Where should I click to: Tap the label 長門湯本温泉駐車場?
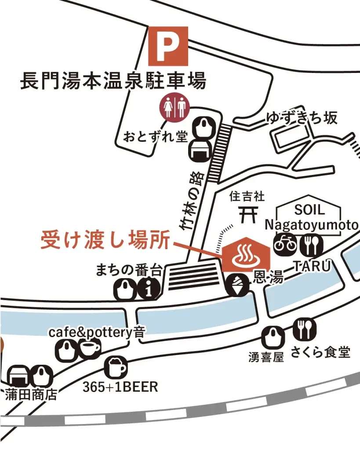point(113,81)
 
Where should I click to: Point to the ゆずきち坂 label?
point(302,118)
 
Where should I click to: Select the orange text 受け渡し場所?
point(105,240)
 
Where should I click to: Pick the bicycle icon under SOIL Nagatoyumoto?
point(284,245)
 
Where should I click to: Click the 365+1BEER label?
point(120,387)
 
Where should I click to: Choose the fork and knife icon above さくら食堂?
point(304,329)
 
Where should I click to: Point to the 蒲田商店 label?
point(31,394)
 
